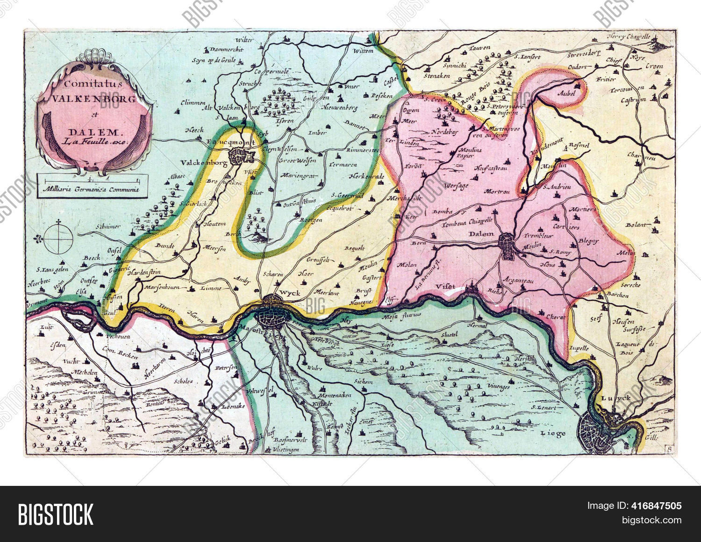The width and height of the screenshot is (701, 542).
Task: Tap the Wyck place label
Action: click(286, 293)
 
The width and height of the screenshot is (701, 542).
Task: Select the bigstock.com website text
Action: click(652, 520)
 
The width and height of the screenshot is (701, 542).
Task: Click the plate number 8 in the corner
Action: click(670, 449)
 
